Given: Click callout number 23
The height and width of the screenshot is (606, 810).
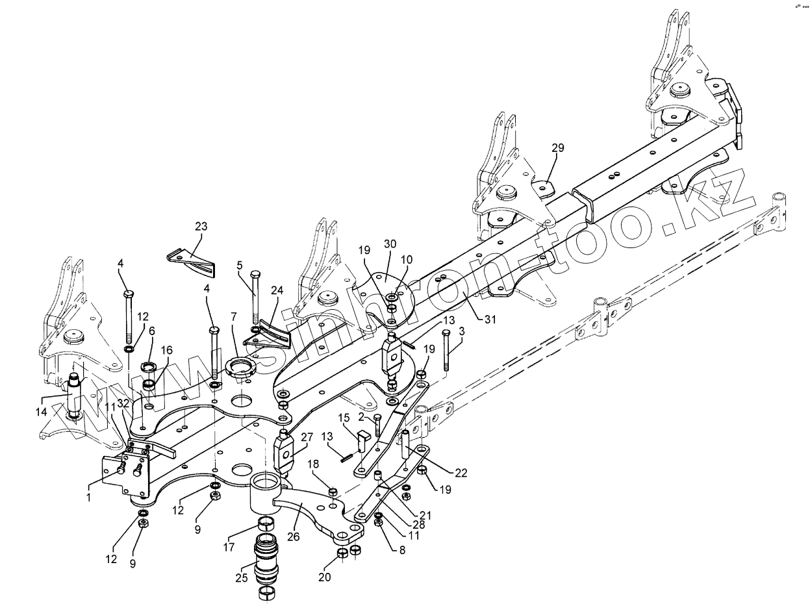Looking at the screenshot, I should click(201, 227).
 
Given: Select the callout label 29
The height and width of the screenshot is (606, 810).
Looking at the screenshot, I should click(558, 148).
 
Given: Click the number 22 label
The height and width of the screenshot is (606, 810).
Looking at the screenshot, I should click(461, 473).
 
